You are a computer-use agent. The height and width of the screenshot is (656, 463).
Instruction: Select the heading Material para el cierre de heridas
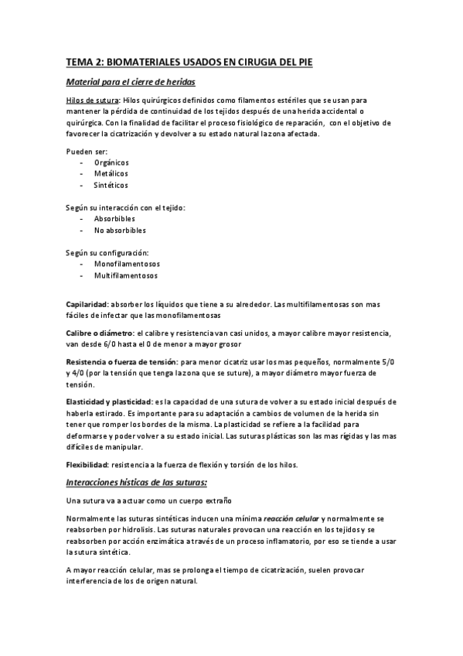(x=131, y=82)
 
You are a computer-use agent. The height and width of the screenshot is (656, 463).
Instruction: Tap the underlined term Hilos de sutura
(x=92, y=101)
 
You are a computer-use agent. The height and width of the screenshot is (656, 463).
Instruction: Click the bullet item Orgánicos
(x=111, y=162)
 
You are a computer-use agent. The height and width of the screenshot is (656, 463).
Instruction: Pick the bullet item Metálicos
(x=111, y=174)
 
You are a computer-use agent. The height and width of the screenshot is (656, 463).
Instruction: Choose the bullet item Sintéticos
(x=111, y=186)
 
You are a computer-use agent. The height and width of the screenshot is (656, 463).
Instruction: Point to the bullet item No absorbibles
(x=120, y=231)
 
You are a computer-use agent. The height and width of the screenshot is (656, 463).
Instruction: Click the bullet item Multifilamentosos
(x=126, y=275)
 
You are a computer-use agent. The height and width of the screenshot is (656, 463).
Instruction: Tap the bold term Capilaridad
(x=87, y=304)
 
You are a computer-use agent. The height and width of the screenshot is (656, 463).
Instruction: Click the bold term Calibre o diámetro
(x=100, y=333)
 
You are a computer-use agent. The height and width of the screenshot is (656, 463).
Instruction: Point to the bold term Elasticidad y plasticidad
(x=108, y=401)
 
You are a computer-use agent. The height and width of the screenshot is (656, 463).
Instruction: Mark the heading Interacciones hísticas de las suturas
(x=136, y=482)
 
